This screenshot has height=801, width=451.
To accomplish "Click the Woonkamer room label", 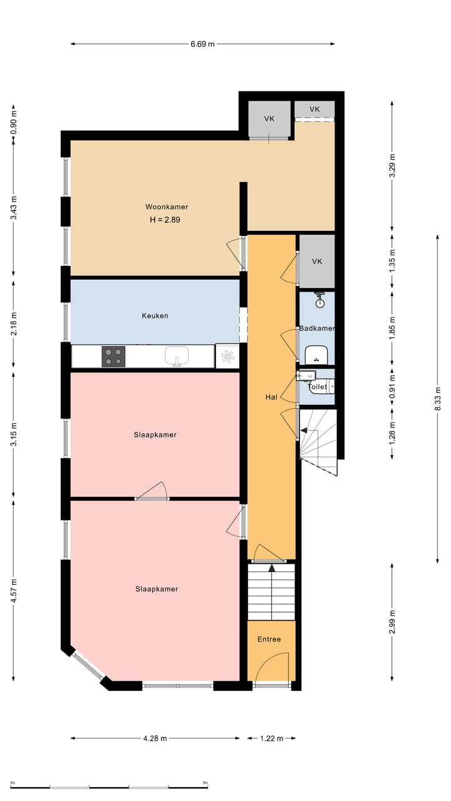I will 167,207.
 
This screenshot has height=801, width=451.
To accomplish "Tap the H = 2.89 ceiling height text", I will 167,220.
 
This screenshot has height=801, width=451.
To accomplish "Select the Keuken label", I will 154,316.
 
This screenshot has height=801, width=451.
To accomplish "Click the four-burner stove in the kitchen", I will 113,356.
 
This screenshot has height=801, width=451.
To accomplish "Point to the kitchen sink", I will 177,356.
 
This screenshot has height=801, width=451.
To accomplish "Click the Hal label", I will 271,397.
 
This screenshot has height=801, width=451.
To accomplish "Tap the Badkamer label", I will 316,329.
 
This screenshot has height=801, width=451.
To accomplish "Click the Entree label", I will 269,640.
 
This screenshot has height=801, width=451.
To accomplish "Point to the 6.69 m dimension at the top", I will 202,44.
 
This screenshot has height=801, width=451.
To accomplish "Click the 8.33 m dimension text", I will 438,398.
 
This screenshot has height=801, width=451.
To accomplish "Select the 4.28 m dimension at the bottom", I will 155,738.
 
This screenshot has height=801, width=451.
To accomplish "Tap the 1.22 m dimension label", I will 271,738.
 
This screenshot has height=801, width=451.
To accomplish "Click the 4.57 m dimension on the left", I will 13,591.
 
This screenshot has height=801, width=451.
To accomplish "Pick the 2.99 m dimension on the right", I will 392,621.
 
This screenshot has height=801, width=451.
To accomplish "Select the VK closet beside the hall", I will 317,262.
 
